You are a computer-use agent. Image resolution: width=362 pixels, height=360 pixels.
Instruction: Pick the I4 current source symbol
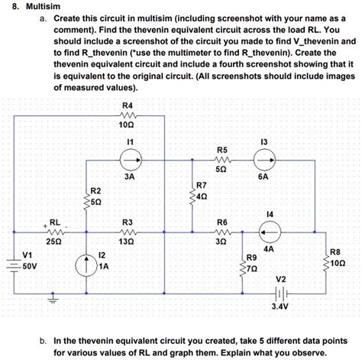[x=270, y=229]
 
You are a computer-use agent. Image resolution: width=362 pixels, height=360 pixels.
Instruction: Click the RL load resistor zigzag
[x=53, y=229]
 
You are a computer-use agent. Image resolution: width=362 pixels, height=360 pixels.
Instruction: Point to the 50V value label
[x=30, y=267]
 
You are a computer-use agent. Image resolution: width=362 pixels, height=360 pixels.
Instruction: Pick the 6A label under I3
[x=263, y=175]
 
